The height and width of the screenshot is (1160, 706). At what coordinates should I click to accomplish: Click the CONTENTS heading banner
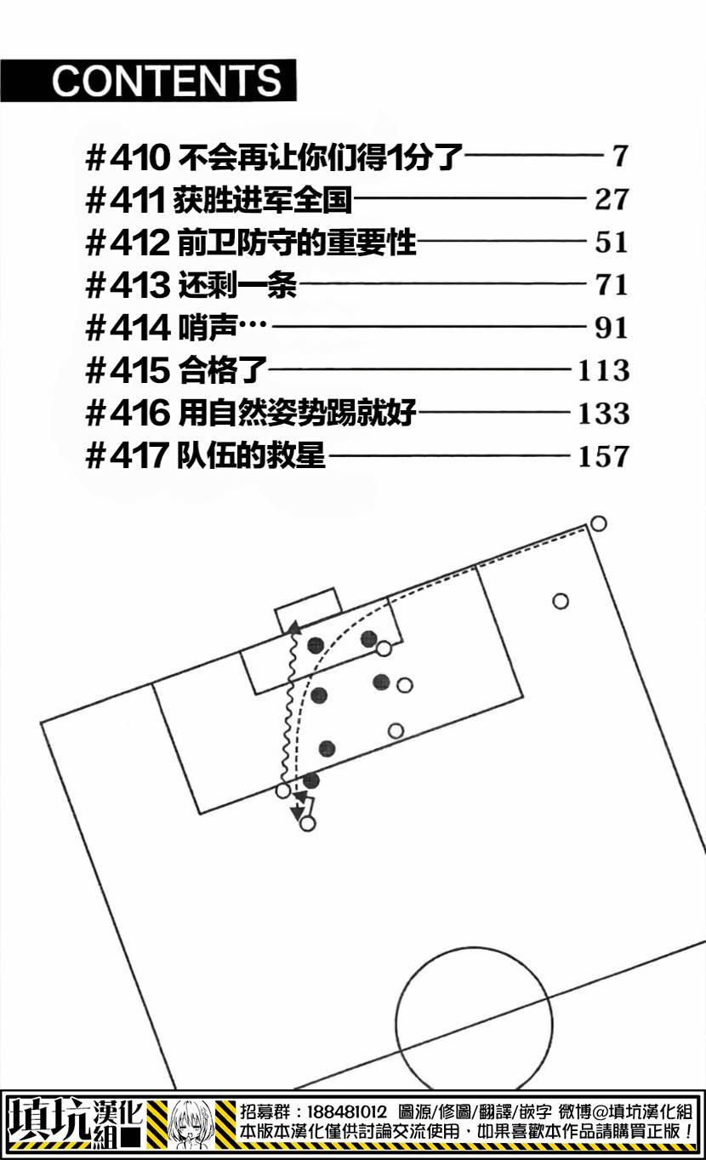[148, 80]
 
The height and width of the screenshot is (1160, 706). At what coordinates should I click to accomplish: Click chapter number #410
[128, 157]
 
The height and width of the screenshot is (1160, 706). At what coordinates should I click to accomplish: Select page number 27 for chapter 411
[612, 199]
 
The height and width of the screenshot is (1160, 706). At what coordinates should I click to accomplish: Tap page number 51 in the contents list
[612, 243]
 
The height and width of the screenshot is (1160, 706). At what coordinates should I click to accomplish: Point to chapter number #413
[128, 285]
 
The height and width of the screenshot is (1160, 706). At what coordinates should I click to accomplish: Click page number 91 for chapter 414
[612, 328]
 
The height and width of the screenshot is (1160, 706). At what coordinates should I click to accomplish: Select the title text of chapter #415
[222, 370]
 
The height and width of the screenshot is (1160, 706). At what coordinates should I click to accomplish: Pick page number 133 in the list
[604, 414]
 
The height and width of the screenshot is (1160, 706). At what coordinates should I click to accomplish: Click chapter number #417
[127, 455]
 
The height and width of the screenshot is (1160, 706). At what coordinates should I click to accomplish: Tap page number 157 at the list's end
[604, 456]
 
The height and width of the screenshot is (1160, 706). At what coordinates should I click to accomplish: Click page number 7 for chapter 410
[620, 156]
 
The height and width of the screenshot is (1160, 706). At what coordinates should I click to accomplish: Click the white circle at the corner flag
[598, 523]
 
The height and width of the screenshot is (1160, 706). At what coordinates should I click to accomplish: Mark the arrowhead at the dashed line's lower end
[298, 813]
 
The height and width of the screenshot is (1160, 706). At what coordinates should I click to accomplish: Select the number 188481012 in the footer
[347, 1111]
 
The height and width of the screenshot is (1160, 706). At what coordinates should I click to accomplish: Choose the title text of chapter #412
[297, 243]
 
